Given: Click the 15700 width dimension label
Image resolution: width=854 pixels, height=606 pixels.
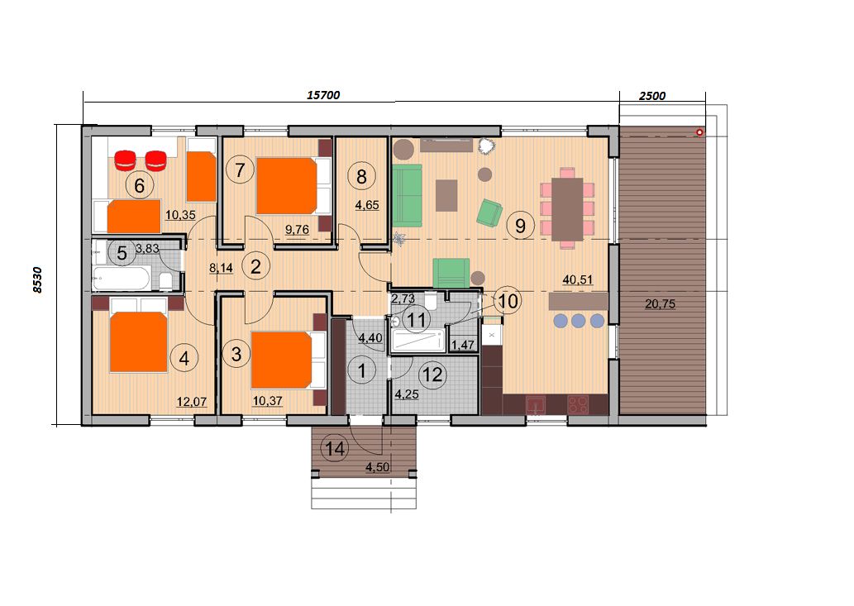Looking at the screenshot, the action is (x=323, y=95).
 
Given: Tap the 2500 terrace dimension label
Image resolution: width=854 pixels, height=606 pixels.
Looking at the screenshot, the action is (x=652, y=96).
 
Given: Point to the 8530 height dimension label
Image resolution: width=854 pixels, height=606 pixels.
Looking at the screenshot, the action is (x=37, y=280).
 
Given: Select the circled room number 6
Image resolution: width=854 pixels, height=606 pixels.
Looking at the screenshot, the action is (x=139, y=186).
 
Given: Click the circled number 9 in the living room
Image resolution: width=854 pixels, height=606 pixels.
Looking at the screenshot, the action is (x=520, y=225).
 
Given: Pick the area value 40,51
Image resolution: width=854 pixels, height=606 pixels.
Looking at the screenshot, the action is (x=578, y=280).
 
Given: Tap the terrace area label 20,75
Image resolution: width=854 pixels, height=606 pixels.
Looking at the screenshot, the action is (x=660, y=303).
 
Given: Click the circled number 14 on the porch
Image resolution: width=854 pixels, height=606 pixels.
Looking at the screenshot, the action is (x=335, y=449).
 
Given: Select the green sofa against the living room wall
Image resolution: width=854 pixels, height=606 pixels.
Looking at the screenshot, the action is (x=407, y=195).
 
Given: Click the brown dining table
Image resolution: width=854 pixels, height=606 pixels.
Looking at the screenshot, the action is (x=567, y=210).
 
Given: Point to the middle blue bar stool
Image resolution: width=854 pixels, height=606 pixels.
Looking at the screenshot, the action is (x=579, y=321).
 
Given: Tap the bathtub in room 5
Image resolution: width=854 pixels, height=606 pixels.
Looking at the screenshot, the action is (x=121, y=279).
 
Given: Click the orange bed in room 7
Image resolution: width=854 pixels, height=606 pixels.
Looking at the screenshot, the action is (x=287, y=186).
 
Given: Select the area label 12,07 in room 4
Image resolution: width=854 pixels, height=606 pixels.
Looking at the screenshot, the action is (x=192, y=402).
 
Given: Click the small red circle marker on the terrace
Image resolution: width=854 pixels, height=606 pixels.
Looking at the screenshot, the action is (x=699, y=132).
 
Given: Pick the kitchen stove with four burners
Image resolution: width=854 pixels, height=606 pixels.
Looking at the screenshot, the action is (x=578, y=404).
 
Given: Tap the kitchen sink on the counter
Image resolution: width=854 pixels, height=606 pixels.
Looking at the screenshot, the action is (x=536, y=405).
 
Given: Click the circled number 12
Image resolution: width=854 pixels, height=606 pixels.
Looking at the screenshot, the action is (x=432, y=375).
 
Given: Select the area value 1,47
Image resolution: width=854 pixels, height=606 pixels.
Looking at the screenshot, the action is (x=463, y=345).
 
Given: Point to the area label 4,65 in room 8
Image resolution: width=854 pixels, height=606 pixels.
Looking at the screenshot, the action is (x=367, y=206).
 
